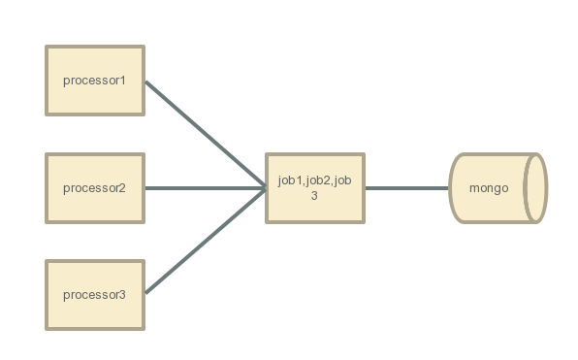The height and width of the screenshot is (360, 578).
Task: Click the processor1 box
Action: click(95, 80)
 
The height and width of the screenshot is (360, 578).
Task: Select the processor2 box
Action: click(95, 187)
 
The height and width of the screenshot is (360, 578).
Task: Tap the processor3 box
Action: click(95, 295)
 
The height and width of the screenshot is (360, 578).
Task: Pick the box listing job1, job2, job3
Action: click(314, 187)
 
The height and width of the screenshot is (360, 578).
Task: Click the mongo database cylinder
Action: click(495, 187)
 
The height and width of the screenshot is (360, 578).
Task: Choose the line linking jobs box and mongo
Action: click(407, 187)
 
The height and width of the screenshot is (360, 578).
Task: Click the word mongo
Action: click(489, 188)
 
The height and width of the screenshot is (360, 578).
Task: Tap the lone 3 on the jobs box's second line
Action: click(314, 195)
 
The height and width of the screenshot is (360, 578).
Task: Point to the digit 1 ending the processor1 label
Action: click(123, 80)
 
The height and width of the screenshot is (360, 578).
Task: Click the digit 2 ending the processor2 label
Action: click(123, 187)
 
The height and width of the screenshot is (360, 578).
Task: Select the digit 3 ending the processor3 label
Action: click(123, 295)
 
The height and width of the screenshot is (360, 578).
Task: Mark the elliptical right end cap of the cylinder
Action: click(535, 187)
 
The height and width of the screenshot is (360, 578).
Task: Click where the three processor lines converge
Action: click(266, 187)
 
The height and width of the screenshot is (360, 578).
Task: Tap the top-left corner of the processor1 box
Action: click(48, 46)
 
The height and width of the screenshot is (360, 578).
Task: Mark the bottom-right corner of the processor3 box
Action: click(144, 329)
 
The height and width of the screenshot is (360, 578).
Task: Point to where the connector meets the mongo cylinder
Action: click(452, 187)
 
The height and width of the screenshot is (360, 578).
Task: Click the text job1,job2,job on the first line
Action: click(314, 180)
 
